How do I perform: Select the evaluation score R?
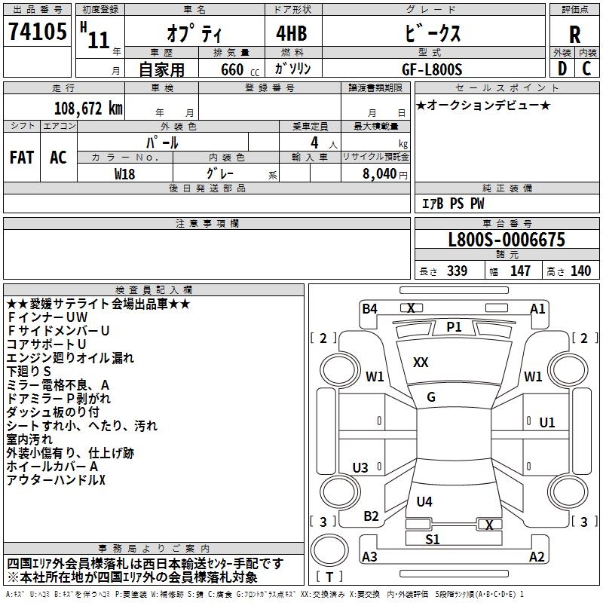tap(574, 35)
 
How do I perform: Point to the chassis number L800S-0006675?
tap(506, 240)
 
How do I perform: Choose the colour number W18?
tap(125, 173)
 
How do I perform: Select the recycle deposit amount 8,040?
tap(385, 173)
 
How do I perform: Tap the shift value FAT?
tap(22, 157)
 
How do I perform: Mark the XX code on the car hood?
tap(421, 363)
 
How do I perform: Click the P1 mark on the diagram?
tap(454, 326)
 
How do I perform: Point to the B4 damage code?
tap(369, 308)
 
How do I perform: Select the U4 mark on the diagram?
tap(424, 501)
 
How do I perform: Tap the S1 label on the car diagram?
tap(432, 540)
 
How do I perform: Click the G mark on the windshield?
tap(431, 397)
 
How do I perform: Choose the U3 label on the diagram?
tap(360, 467)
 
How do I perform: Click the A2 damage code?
tap(537, 557)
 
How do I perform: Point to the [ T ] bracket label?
tap(329, 578)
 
